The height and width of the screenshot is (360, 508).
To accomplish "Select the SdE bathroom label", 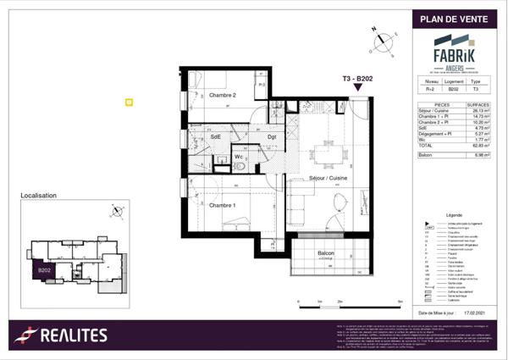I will (x=216, y=136).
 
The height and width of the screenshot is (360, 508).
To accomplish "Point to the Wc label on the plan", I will (x=240, y=157).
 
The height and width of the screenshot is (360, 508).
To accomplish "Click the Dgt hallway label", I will (x=272, y=136).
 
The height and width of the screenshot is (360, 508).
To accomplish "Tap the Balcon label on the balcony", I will (x=326, y=253).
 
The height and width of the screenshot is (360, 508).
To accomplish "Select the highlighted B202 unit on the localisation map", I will (x=42, y=269).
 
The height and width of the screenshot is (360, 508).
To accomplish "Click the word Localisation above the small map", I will (x=38, y=195).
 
